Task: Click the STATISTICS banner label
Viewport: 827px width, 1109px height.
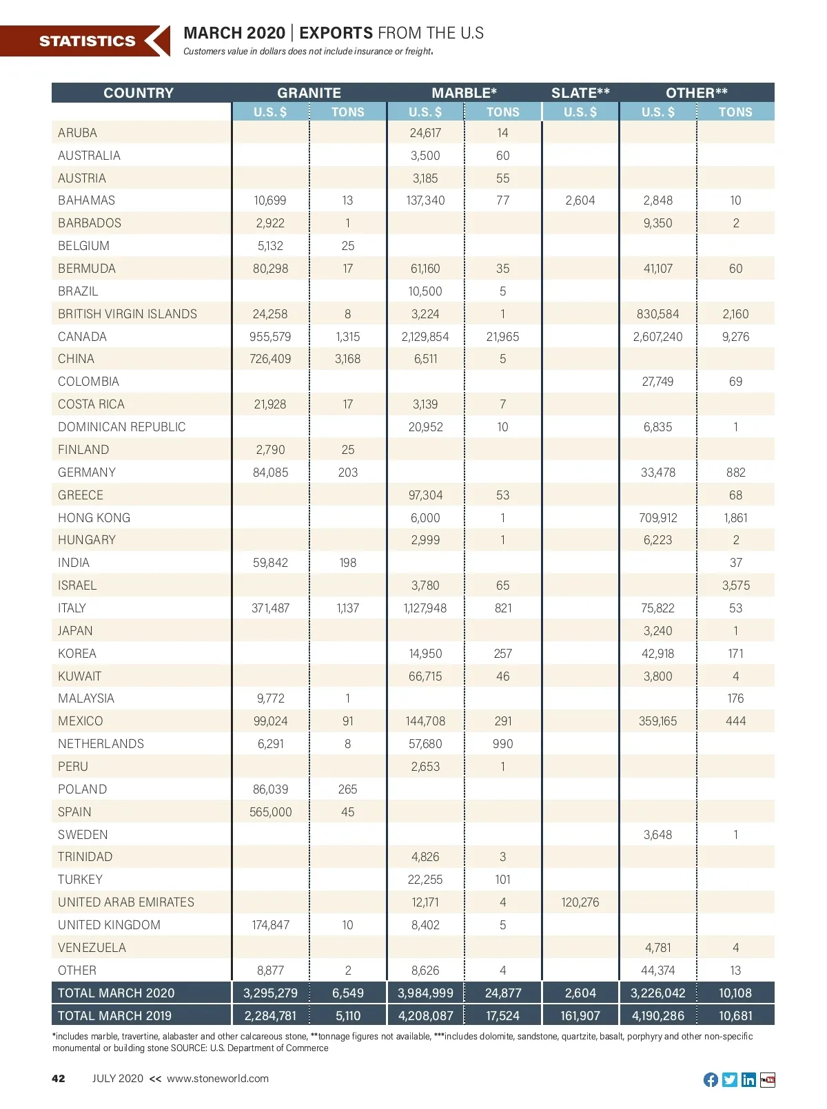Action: (87, 41)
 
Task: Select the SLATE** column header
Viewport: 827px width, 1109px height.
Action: (580, 93)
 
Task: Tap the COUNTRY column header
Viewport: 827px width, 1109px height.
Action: (139, 93)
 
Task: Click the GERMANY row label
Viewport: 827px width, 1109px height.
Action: (87, 473)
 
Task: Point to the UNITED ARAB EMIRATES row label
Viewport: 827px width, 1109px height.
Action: (126, 902)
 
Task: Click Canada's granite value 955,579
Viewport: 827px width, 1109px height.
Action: (270, 337)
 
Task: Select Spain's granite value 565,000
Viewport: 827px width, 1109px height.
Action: (270, 812)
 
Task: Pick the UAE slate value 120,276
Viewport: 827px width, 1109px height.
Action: (580, 902)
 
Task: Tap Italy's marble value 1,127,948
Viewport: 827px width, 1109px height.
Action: (425, 608)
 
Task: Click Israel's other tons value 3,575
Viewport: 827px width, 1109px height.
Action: (735, 585)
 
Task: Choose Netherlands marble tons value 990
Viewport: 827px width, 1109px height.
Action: (503, 744)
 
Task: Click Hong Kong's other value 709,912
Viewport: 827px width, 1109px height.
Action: (657, 518)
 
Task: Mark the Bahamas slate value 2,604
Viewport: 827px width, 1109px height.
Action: (580, 200)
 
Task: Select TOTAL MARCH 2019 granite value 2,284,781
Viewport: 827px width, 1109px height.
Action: (270, 1016)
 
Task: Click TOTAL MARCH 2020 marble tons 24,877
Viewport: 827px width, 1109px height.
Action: (503, 993)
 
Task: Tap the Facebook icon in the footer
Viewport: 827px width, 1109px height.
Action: (711, 1079)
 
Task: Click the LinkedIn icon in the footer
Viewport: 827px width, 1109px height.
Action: (748, 1079)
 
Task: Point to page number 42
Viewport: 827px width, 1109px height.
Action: (59, 1079)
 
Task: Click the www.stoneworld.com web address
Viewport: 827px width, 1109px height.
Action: (218, 1079)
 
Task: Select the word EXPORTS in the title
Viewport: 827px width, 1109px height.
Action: (336, 33)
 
